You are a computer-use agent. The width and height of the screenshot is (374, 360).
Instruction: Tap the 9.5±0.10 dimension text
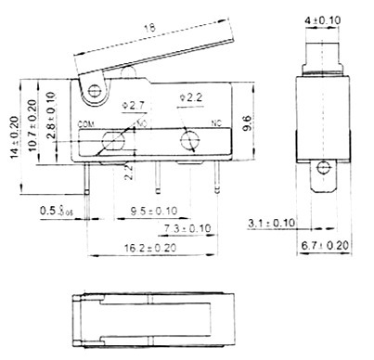point(154,212)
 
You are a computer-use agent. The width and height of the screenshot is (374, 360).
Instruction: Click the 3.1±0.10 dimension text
point(272,223)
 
